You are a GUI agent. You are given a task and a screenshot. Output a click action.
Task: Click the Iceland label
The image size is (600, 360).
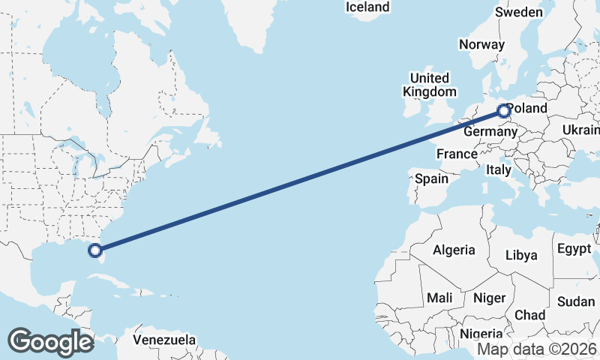tap(367, 7)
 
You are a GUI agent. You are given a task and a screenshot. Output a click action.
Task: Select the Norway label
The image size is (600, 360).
tap(481, 45)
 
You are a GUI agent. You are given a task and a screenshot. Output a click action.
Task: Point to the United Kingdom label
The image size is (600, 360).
tap(429, 85)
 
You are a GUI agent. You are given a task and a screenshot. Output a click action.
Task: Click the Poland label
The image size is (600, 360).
tap(528, 109)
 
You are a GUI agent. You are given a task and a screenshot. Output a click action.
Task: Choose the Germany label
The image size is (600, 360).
tap(490, 133)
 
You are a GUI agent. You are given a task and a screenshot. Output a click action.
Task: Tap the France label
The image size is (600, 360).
tap(457, 154)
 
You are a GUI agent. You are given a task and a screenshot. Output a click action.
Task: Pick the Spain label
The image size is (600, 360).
tap(431, 179)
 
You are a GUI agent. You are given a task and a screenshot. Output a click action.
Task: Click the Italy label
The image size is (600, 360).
tap(498, 170)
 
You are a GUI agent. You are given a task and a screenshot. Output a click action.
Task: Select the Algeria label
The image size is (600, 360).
tap(454, 250)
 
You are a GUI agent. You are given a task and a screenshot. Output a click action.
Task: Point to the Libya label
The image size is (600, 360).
tap(521, 255)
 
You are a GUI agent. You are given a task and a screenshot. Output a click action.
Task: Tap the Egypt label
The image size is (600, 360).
tap(574, 248)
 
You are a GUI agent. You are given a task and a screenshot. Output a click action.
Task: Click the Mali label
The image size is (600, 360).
tap(439, 298)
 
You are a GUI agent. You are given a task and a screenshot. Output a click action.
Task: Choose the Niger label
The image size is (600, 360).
tap(489, 298)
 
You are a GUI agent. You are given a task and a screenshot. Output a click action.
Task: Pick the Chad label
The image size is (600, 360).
tap(529, 314)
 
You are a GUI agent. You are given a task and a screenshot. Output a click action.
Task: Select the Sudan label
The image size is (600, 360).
tap(576, 301)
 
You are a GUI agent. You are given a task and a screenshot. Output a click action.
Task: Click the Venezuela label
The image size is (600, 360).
tap(164, 340)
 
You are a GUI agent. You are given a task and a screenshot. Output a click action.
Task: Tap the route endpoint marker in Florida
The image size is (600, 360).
tap(94, 250)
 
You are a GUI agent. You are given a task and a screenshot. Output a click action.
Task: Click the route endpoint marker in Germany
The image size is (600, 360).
tap(503, 111)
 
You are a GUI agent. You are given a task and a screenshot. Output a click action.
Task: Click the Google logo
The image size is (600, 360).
tap(50, 342)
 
